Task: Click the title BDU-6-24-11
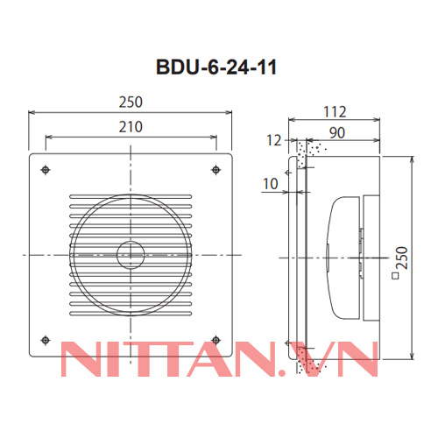tap(220, 67)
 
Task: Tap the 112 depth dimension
tap(335, 112)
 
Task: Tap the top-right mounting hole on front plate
tap(215, 169)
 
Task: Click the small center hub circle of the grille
tap(130, 255)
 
